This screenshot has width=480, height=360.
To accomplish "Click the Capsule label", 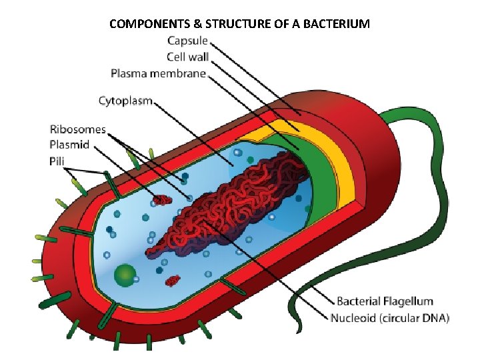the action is coord(187,41).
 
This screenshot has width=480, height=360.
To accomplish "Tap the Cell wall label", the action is coord(186,57).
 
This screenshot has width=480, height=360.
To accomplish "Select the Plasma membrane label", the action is coord(158,73).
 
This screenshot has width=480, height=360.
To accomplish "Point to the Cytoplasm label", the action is coord(125,101).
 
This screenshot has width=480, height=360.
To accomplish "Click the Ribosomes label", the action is coord(77,129).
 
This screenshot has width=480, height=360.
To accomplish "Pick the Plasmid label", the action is coord(69,145).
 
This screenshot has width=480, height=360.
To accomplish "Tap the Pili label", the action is coord(58,161).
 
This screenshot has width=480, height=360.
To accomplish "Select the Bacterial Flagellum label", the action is coord(385,302).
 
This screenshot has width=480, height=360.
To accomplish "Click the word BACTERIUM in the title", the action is coord(335,25).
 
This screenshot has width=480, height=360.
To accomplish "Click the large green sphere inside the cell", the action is coord(125,275).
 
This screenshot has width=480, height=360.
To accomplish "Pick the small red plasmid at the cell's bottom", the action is coord(173,280).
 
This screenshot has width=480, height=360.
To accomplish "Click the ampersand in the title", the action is coord(198,25).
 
